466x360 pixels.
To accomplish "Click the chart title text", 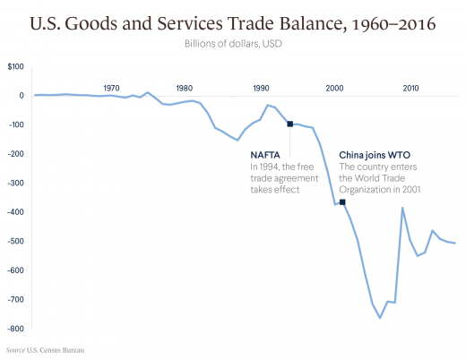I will coord(233,23).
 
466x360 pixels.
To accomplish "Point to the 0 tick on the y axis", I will coord(20,95).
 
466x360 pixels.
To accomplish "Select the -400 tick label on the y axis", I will coord(14,211).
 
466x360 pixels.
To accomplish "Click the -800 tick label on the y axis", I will coord(14,328).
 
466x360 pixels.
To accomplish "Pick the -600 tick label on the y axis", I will coord(14,270).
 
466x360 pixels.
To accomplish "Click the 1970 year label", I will coord(111,88).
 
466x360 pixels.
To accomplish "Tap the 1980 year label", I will coord(185,88).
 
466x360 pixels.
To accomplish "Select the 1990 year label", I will coord(261,88).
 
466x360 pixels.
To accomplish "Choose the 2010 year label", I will coord(410,88).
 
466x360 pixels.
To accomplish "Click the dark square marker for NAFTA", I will coord(289,124).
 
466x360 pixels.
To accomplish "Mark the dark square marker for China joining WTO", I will coord(342,202).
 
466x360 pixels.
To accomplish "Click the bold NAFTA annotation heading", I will coord(265,153).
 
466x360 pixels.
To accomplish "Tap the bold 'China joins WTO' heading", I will coord(375,153).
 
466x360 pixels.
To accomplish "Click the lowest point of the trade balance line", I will coord(380,318).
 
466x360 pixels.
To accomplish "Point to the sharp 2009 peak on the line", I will coord(402,208).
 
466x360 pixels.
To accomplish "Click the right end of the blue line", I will coord(455,244).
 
